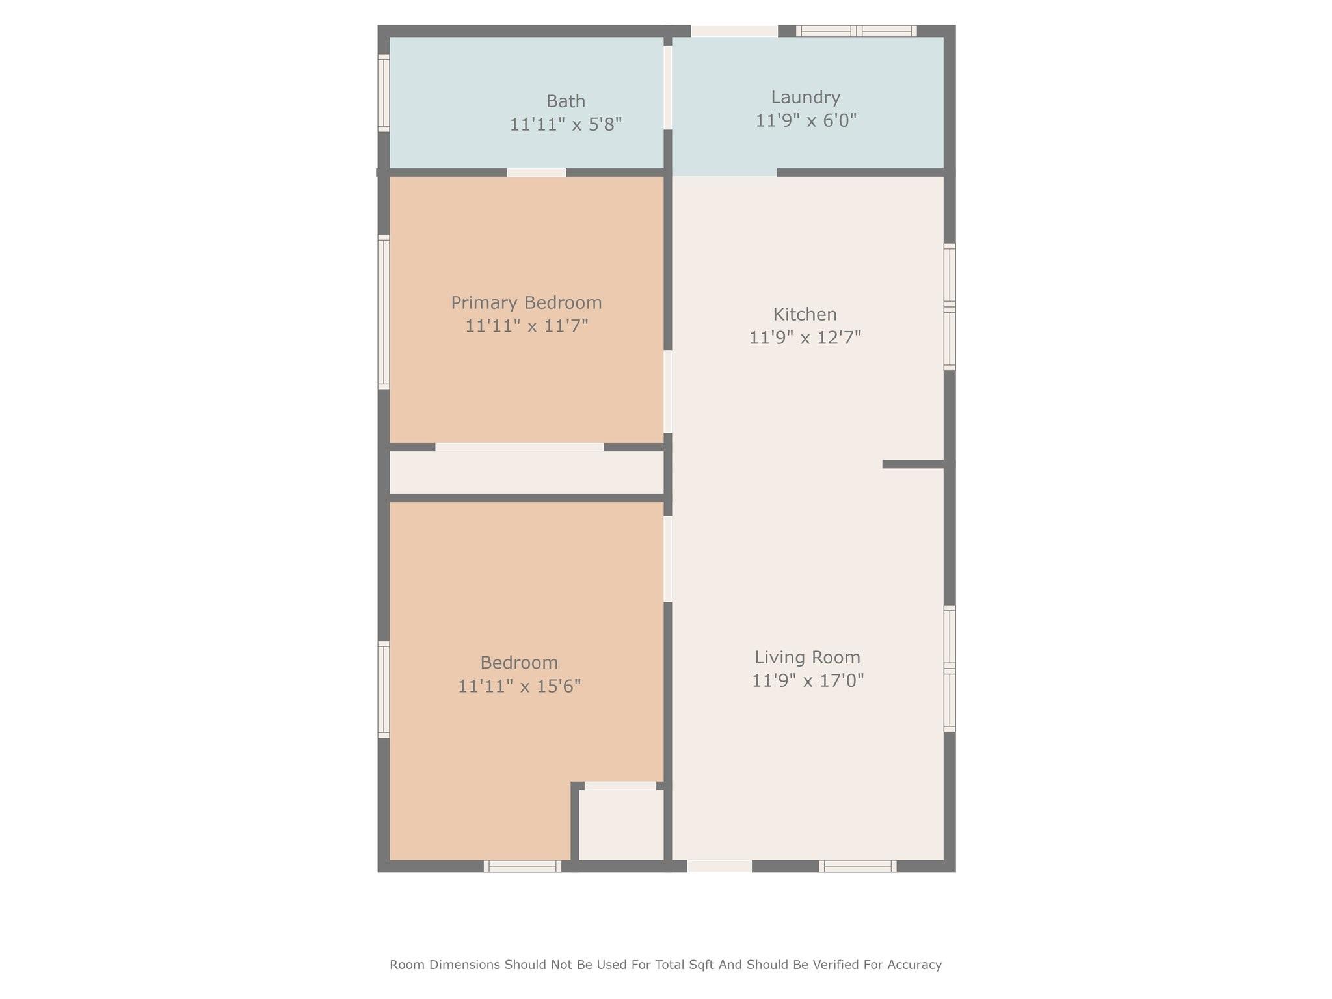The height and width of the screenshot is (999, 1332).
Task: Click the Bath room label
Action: (x=565, y=101)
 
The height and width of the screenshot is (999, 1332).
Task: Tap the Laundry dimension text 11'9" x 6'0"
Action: (x=805, y=121)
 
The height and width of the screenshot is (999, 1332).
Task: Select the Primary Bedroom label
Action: (x=526, y=302)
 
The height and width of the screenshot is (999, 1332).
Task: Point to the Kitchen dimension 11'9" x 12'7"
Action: (x=805, y=338)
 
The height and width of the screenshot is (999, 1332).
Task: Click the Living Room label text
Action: (x=807, y=657)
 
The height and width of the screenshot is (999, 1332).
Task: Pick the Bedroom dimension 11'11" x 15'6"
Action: (x=519, y=686)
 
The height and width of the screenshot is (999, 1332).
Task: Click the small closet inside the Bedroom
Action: (x=621, y=825)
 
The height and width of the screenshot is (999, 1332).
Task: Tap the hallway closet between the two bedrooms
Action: (x=526, y=472)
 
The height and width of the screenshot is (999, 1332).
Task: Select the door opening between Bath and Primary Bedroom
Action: (x=536, y=172)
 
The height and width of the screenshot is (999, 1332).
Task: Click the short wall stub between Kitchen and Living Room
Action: (x=912, y=464)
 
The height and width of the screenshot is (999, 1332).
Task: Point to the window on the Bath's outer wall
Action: (x=384, y=92)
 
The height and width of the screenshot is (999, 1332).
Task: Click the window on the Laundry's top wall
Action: (x=856, y=31)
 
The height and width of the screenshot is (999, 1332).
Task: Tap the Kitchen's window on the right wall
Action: (x=950, y=306)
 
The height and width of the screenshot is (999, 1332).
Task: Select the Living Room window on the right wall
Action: (x=950, y=668)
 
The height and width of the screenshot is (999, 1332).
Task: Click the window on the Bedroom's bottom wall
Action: (x=522, y=866)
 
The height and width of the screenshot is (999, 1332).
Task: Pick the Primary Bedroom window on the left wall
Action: (x=384, y=312)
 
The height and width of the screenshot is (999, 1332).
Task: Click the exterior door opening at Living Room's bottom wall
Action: (x=719, y=866)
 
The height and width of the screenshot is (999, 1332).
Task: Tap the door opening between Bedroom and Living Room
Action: (x=667, y=559)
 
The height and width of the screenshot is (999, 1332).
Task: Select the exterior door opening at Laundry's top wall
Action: (x=734, y=31)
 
